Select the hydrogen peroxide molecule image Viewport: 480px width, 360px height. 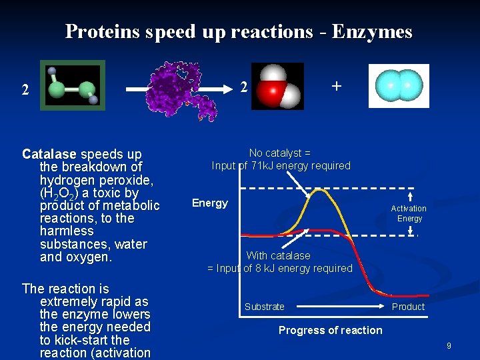click(x=72, y=85)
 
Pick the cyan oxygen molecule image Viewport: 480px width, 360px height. click(x=399, y=86)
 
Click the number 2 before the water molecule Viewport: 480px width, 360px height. click(x=244, y=87)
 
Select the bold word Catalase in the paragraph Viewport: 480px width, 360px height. click(x=49, y=154)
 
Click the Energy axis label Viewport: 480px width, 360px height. click(x=210, y=203)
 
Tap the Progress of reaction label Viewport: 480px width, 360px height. click(x=330, y=330)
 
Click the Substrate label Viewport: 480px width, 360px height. click(x=264, y=307)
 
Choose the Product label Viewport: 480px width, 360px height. click(x=408, y=307)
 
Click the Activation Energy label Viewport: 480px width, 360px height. click(x=409, y=213)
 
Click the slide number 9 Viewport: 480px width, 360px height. click(x=449, y=345)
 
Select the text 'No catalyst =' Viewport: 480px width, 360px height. click(x=280, y=153)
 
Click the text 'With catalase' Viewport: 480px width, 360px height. click(x=278, y=255)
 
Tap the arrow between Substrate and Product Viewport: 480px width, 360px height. click(x=340, y=307)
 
